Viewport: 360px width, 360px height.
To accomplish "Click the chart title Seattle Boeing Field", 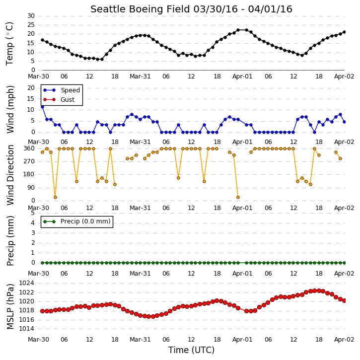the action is pyautogui.click(x=140, y=9).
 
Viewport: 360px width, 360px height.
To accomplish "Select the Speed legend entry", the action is pyautogui.click(x=62, y=90).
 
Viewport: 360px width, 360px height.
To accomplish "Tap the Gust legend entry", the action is pyautogui.click(x=59, y=100).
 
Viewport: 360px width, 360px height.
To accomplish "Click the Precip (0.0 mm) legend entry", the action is pyautogui.click(x=77, y=221).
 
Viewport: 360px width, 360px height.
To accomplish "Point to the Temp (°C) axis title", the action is pyautogui.click(x=9, y=44).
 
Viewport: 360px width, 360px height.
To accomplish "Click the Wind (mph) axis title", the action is pyautogui.click(x=10, y=109).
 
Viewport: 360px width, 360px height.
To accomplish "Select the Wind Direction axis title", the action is pyautogui.click(x=10, y=175).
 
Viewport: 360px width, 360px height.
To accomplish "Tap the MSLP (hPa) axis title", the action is pyautogui.click(x=10, y=306).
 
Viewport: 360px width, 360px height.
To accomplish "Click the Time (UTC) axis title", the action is pyautogui.click(x=191, y=350).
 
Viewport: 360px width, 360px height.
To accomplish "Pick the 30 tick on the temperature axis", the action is pyautogui.click(x=31, y=16).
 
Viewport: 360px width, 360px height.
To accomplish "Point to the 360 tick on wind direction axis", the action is pyautogui.click(x=29, y=148).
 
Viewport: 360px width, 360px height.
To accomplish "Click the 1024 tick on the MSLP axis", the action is pyautogui.click(x=26, y=283).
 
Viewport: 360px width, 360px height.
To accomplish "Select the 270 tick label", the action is pyautogui.click(x=29, y=161).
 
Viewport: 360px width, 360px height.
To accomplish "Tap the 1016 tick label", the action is pyautogui.click(x=26, y=320).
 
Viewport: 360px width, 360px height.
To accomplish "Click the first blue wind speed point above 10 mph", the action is pyautogui.click(x=43, y=107).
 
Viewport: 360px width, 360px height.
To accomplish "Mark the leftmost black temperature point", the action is pyautogui.click(x=43, y=40).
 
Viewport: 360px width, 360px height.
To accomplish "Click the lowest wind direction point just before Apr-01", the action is pyautogui.click(x=238, y=198).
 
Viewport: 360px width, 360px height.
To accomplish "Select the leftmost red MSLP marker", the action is pyautogui.click(x=43, y=311).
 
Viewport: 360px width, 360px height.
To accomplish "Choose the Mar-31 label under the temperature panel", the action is pyautogui.click(x=140, y=76).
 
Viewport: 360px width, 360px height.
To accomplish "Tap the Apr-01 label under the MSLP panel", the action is pyautogui.click(x=242, y=340).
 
